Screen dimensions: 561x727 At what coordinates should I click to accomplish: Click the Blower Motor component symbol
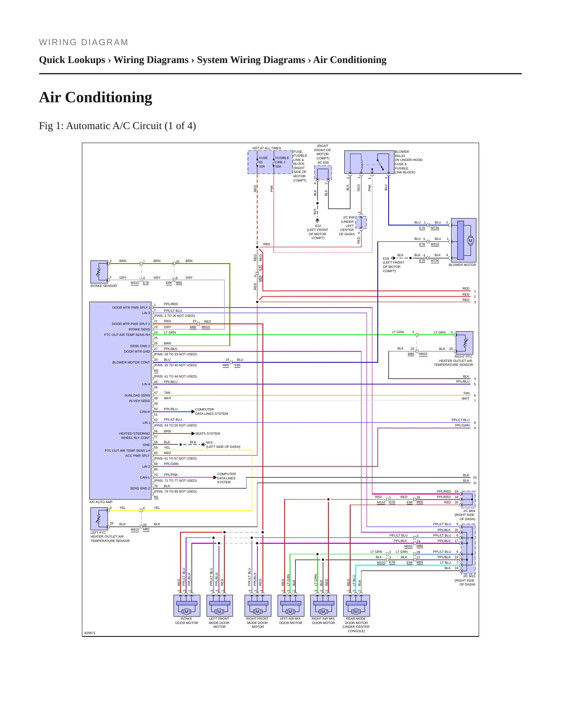[x=463, y=240]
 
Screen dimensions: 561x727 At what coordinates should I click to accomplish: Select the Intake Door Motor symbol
[x=187, y=605]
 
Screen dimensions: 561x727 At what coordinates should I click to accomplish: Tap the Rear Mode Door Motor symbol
[x=356, y=605]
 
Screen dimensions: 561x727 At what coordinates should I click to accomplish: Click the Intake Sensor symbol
[x=99, y=272]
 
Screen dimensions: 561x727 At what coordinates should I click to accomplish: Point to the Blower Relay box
[x=369, y=162]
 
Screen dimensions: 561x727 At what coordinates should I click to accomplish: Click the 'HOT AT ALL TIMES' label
[x=267, y=148]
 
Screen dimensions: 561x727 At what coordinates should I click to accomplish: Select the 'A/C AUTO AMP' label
[x=101, y=502]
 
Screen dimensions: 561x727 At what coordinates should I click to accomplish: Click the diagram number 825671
[x=90, y=633]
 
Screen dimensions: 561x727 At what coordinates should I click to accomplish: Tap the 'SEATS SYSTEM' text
[x=208, y=433]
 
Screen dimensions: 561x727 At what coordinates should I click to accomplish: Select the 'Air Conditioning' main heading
[x=96, y=97]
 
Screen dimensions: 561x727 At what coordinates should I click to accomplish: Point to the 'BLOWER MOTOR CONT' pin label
[x=131, y=362]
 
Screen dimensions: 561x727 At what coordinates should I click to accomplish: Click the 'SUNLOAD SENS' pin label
[x=137, y=395]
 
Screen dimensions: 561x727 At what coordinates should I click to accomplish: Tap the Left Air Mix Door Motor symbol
[x=291, y=605]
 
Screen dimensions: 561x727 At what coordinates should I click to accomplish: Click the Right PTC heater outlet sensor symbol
[x=464, y=343]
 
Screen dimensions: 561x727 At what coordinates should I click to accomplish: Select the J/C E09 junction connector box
[x=361, y=222]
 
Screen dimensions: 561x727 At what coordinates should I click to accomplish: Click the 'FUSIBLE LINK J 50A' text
[x=282, y=162]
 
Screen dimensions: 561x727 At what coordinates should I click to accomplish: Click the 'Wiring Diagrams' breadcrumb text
[x=151, y=60]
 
